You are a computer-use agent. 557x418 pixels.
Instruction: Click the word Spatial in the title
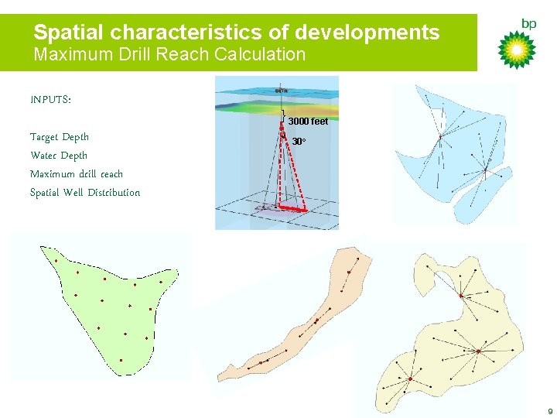coord(69,33)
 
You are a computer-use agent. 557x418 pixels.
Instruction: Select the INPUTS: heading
coord(50,100)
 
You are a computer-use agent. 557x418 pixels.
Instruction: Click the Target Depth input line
coord(60,137)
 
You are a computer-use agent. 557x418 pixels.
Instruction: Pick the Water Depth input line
coord(59,156)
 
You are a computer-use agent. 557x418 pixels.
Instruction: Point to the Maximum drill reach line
coord(77,174)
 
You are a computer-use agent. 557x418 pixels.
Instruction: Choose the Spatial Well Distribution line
coord(85,193)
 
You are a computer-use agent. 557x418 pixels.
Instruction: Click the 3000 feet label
coord(308,121)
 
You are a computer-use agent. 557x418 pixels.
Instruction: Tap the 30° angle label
coord(299,142)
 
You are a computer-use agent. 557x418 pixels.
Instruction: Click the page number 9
coord(549,411)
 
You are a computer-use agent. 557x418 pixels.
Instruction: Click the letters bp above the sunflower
coord(528,24)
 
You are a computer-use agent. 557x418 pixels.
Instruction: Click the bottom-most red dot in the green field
coord(121,360)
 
